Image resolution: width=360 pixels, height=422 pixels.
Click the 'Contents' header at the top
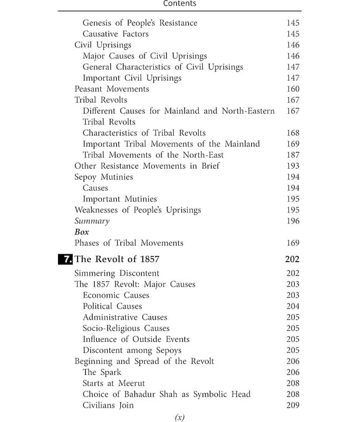coord(180,4)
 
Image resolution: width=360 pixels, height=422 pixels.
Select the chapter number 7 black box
coord(65,259)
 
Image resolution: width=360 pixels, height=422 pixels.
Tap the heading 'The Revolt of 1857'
coord(117,259)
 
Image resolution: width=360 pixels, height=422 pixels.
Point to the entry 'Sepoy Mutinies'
coord(103,177)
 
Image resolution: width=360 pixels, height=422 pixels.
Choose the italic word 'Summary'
coord(92,222)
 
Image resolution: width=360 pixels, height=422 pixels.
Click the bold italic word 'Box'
coord(82,232)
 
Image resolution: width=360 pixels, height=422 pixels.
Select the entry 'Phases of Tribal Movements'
coord(129,243)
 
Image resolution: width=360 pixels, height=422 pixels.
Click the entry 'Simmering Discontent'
coord(116,273)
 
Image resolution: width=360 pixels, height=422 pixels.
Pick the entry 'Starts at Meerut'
coord(113,383)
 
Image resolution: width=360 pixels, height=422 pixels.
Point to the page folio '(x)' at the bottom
coord(180,417)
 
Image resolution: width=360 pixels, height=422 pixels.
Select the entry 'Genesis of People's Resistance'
coord(140,23)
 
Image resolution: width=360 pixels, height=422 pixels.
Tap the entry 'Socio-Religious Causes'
coord(126,328)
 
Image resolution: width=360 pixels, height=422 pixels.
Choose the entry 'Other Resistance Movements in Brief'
coord(147,166)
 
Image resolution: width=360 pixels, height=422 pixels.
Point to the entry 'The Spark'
coord(102,372)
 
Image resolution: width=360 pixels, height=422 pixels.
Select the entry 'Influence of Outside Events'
coord(136,339)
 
